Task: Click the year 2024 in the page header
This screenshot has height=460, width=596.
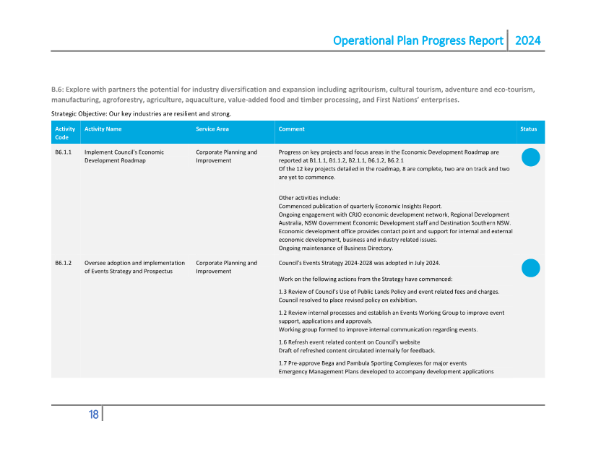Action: pos(527,40)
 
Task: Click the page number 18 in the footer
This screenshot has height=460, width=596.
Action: pos(94,415)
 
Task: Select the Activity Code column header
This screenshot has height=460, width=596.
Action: pos(65,133)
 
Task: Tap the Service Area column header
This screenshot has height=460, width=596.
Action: pos(212,129)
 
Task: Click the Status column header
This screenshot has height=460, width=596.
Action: pos(528,129)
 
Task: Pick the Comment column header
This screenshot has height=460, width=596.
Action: pos(291,129)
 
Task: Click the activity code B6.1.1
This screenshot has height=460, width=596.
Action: pos(63,152)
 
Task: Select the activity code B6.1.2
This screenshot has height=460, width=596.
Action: pos(63,263)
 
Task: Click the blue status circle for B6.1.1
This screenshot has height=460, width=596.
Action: pos(530,157)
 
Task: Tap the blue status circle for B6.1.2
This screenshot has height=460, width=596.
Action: pos(530,268)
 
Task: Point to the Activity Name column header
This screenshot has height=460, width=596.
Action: pos(103,129)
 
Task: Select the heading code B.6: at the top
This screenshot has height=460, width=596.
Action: pos(58,90)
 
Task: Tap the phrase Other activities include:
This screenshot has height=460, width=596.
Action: pos(309,198)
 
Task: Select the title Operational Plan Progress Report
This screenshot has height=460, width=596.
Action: pos(418,40)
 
